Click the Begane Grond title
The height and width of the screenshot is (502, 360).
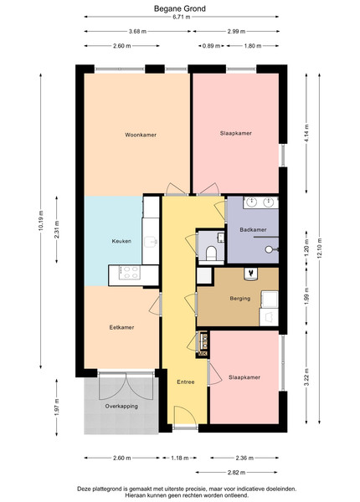[180, 8]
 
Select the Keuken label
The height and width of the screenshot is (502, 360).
[121, 241]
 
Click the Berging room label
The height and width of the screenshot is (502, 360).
[240, 299]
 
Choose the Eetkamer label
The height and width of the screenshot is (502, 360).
[121, 327]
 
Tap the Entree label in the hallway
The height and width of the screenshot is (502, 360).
[186, 382]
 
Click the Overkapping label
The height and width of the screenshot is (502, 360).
[121, 407]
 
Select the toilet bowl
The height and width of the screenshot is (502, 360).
[211, 253]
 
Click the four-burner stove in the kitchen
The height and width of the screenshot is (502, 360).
[130, 273]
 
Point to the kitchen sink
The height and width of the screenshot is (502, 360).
[151, 242]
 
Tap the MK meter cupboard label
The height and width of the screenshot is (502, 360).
[203, 353]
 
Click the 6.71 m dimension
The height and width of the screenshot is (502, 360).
[182, 17]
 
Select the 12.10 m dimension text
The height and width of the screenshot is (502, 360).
[319, 249]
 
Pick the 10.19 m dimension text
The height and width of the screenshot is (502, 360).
[41, 221]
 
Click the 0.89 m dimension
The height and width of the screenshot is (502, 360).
[211, 46]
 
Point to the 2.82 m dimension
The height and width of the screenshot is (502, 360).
[236, 472]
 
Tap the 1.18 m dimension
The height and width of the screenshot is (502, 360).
[179, 458]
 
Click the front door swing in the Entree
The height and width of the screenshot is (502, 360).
[185, 416]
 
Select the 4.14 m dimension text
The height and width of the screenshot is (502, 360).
[306, 134]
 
